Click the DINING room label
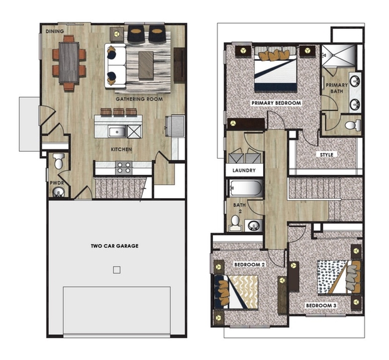(x=55, y=31)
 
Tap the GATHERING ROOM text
(x=139, y=99)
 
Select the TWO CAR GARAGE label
(x=115, y=246)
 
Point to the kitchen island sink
(x=117, y=132)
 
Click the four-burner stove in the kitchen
(x=124, y=167)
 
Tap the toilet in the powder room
(x=59, y=161)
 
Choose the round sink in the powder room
(x=58, y=192)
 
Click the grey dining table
(x=69, y=62)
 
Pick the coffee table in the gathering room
(x=146, y=66)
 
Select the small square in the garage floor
(x=117, y=270)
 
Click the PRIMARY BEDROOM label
(x=276, y=103)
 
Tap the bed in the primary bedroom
(x=276, y=68)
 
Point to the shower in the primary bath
(x=339, y=56)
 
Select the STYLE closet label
(x=326, y=155)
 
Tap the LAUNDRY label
(x=244, y=171)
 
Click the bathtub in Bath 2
(x=246, y=188)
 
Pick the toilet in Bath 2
(x=235, y=223)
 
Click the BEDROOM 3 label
(x=321, y=306)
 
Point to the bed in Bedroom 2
(x=236, y=292)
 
